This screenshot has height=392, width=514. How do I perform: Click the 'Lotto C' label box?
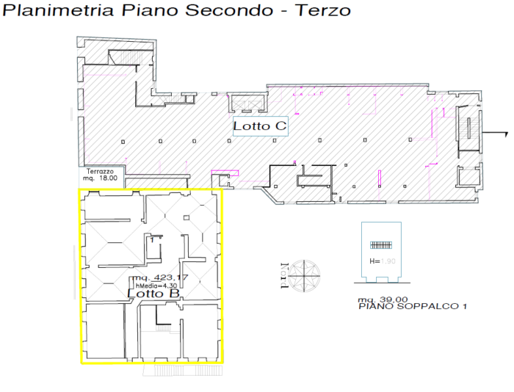point(259,126)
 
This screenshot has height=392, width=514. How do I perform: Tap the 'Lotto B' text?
point(154,293)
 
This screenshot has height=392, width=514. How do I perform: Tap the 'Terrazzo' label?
point(98,170)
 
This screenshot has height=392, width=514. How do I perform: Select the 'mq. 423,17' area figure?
point(160,278)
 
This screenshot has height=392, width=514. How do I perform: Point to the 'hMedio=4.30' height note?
point(157,285)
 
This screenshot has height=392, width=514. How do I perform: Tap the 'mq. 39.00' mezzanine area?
point(382,300)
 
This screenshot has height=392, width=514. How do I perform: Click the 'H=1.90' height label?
point(382,261)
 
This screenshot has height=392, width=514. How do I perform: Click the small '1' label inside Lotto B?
point(151,239)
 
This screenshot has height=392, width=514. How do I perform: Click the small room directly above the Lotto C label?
point(246,102)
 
